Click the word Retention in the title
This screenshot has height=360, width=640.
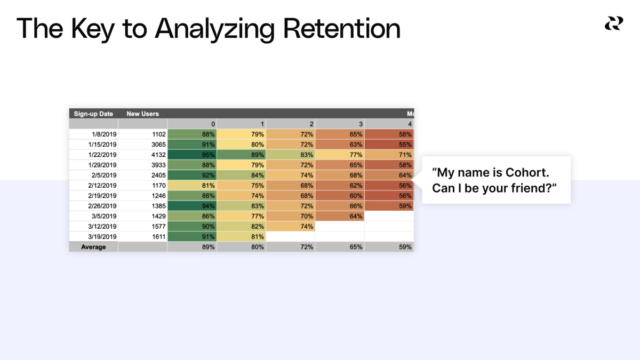coord(341,28)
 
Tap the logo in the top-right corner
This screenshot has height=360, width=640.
coord(613,23)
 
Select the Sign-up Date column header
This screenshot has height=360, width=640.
coord(93,114)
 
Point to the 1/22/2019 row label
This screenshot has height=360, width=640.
coord(102,155)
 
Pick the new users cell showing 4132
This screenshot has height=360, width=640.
coord(158,155)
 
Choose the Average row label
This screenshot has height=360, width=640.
coord(93,247)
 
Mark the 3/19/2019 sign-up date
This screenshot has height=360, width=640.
coord(102,237)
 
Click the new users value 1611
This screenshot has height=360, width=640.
coord(158,237)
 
